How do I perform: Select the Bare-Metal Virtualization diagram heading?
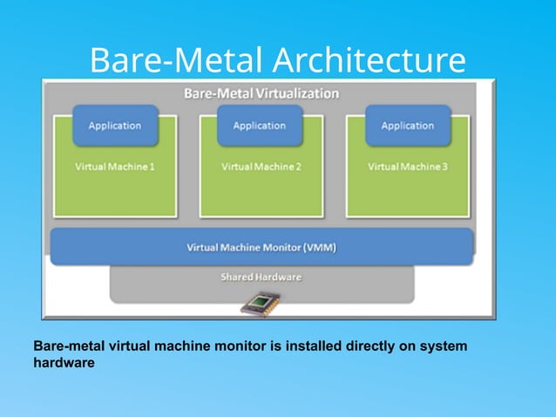coord(261,92)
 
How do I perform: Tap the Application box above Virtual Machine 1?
coord(114,126)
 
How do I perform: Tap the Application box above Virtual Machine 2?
coord(259,126)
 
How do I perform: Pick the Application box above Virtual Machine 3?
coord(407,126)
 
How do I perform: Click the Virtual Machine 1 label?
coord(115,167)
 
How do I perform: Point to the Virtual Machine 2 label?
coord(261,167)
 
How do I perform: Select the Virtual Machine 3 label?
coord(408,167)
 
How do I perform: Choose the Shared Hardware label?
coord(261,277)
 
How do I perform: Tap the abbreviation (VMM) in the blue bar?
coord(319,248)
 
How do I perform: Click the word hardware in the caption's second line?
coord(63,363)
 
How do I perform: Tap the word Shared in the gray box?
coord(234,277)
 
